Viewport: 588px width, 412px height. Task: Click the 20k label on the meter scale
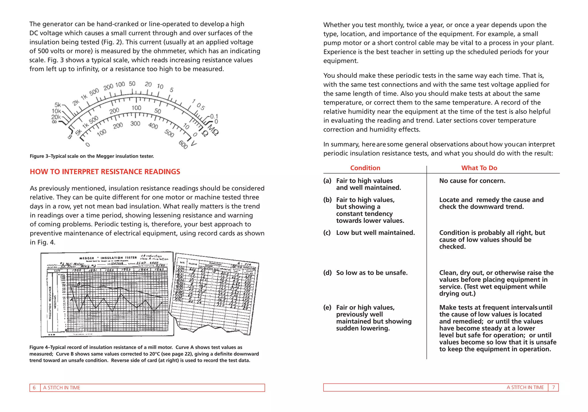[x=56, y=117]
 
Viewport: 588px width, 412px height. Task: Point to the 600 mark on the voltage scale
[x=183, y=145]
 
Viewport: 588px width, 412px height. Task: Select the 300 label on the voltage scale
[x=135, y=124]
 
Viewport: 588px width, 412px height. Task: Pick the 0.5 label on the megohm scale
[x=201, y=107]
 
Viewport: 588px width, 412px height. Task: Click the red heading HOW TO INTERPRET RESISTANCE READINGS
[x=105, y=172]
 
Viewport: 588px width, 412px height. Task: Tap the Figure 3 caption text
[x=92, y=156]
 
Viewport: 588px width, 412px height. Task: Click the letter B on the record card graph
[x=79, y=284]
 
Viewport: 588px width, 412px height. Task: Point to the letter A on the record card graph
[x=71, y=300]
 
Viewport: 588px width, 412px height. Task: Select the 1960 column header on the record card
[x=76, y=270]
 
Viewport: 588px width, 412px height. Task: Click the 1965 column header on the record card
[x=159, y=269]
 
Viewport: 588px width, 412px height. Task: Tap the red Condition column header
[x=365, y=168]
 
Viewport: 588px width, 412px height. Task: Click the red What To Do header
[x=479, y=168]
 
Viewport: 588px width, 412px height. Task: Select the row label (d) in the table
[x=327, y=273]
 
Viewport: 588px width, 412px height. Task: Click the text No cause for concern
[x=472, y=181]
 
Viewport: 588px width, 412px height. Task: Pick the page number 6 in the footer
[x=34, y=388]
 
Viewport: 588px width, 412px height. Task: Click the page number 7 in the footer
[x=554, y=387]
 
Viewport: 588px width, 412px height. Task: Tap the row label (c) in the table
[x=327, y=233]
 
